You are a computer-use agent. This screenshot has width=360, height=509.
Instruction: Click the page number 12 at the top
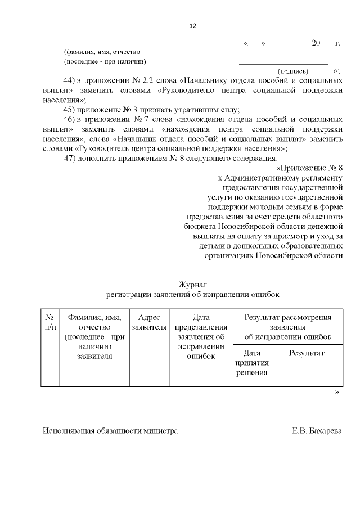192,26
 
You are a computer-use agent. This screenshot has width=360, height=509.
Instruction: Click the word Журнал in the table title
192,285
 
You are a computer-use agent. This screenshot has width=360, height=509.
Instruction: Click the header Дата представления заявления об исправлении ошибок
201,336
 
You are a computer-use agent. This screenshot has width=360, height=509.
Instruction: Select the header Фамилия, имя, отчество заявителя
94,336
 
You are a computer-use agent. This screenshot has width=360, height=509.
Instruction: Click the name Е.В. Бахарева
317,431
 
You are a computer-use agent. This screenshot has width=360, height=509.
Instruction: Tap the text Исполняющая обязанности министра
110,431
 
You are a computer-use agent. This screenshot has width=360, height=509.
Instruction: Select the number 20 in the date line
316,43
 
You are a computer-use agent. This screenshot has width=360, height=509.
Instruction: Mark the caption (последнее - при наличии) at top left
105,61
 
